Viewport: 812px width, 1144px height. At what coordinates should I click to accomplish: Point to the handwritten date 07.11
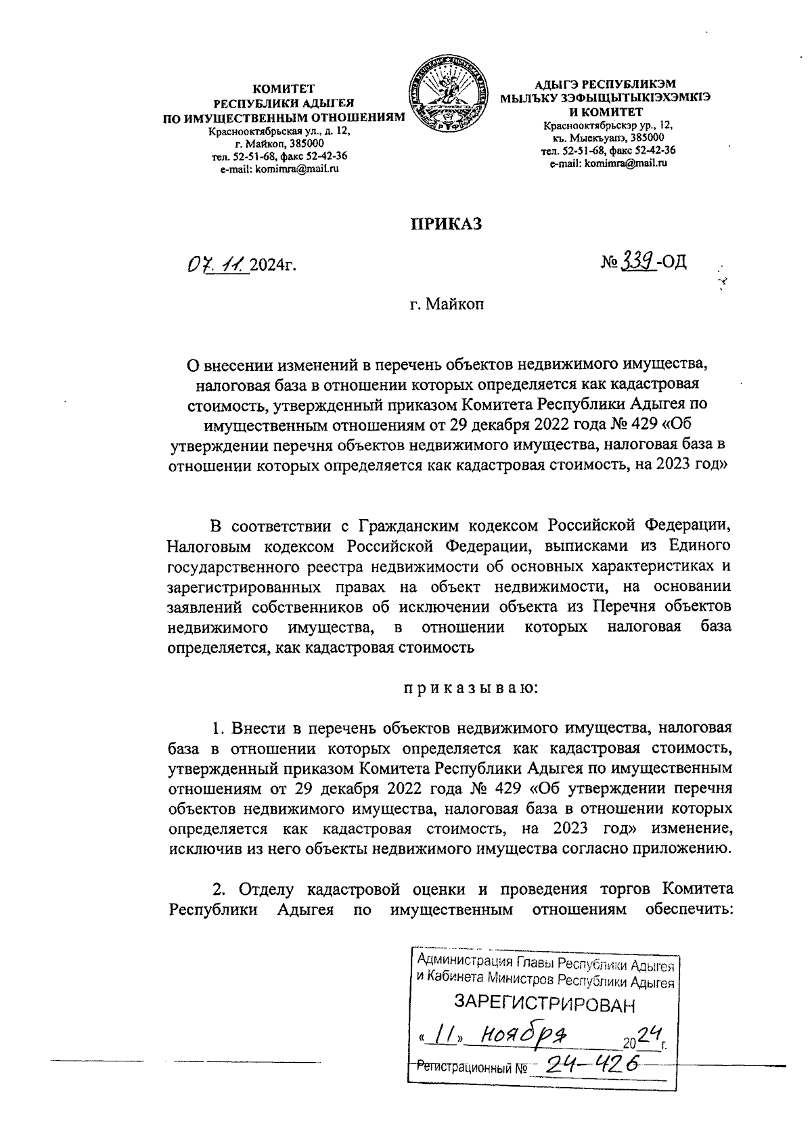(216, 262)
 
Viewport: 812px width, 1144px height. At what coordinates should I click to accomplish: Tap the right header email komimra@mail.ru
(608, 163)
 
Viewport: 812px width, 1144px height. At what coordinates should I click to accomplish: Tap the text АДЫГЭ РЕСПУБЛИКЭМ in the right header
(605, 85)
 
